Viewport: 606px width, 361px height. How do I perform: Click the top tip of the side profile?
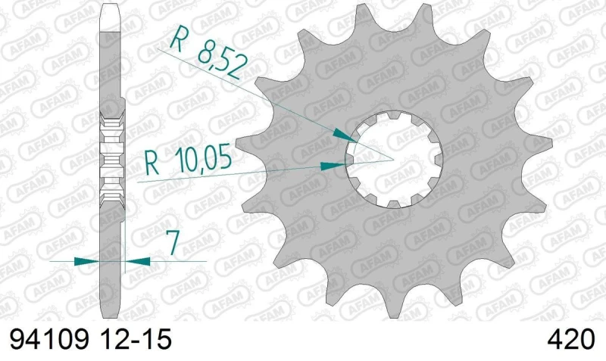pyautogui.click(x=111, y=6)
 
